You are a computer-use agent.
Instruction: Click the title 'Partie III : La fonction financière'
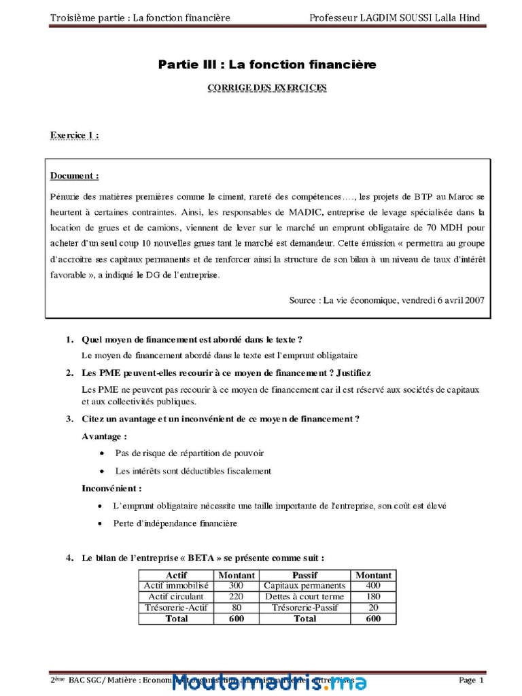[x=267, y=65]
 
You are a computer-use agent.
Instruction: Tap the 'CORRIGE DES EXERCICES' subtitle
[x=267, y=88]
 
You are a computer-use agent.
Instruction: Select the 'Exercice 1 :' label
[x=74, y=135]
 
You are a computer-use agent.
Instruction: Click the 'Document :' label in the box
[x=74, y=176]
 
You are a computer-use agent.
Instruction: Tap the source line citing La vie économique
[x=386, y=300]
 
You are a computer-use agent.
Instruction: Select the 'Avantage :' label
[x=104, y=436]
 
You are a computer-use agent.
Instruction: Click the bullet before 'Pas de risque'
[x=102, y=453]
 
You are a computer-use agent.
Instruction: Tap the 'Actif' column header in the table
[x=176, y=575]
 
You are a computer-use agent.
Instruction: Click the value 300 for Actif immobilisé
[x=236, y=585]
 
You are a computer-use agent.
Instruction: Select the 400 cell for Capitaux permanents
[x=373, y=585]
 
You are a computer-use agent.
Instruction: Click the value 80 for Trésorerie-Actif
[x=236, y=608]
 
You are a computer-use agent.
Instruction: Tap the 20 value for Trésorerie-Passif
[x=373, y=608]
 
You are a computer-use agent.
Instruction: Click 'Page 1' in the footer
[x=471, y=680]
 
